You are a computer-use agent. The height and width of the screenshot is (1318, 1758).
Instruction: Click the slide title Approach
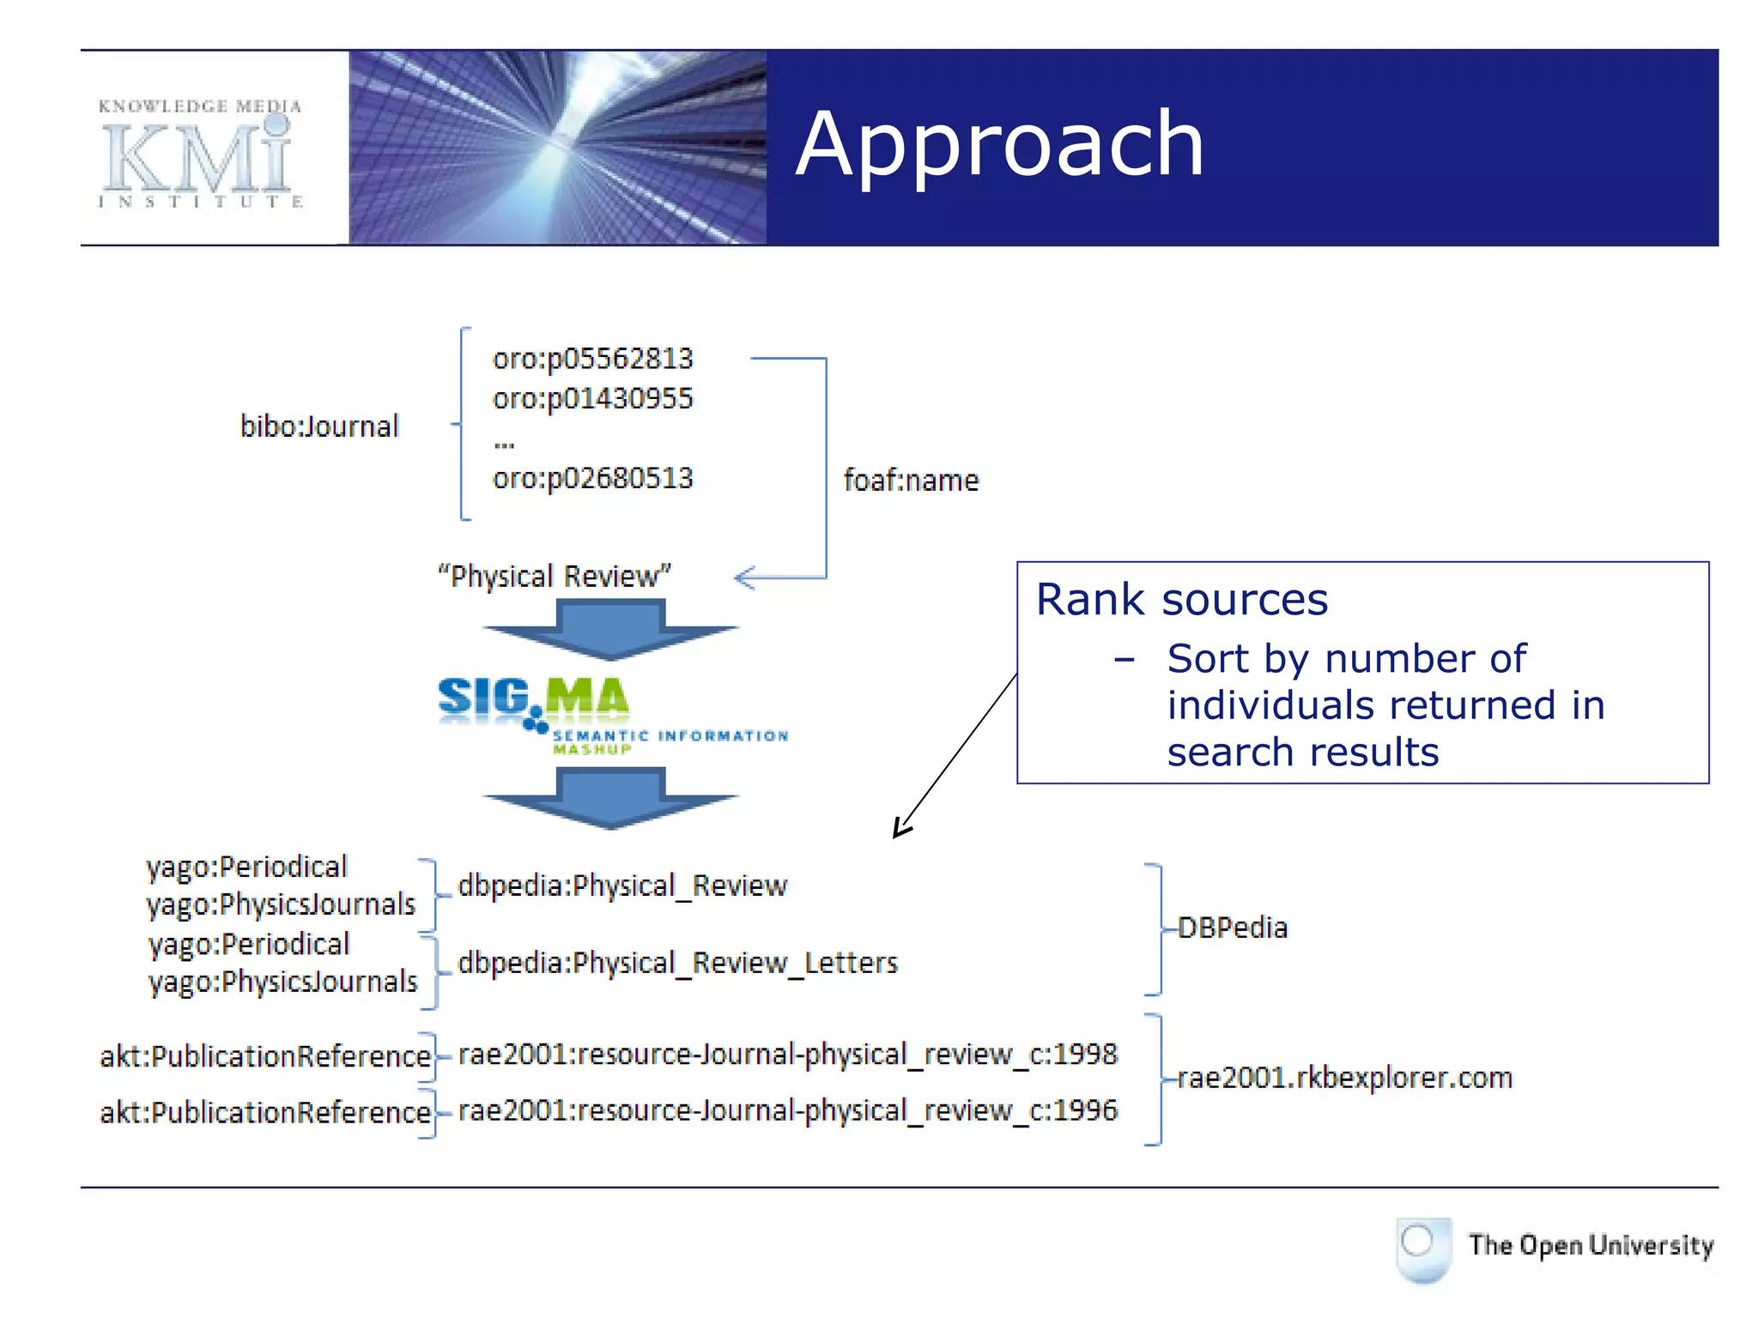(999, 146)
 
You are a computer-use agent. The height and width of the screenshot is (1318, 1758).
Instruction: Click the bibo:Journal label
(319, 426)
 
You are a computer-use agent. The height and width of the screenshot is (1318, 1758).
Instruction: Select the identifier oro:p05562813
(592, 359)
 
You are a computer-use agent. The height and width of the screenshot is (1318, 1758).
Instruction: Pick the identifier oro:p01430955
(592, 399)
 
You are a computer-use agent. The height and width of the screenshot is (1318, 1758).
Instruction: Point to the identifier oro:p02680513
(592, 478)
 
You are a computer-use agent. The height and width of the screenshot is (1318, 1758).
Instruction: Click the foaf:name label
(911, 481)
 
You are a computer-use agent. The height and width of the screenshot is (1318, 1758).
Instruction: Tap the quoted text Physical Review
(555, 576)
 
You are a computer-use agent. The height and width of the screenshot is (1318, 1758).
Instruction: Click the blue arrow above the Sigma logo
(610, 630)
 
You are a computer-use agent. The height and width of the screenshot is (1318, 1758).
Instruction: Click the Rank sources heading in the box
(1181, 599)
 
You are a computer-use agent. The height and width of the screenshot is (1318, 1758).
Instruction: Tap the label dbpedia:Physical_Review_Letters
(677, 963)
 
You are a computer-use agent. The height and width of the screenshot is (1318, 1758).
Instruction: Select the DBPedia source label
(1232, 928)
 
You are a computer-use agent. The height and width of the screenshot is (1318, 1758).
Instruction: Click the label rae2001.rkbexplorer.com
(1344, 1078)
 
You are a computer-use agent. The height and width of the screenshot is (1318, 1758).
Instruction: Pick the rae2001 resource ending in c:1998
(787, 1054)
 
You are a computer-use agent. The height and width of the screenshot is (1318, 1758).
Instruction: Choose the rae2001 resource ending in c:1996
(787, 1110)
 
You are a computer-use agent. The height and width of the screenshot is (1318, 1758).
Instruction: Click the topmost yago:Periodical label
(246, 867)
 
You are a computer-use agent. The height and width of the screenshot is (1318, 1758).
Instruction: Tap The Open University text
(1590, 1245)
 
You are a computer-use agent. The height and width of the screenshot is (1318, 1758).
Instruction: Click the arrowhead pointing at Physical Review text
(743, 577)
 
